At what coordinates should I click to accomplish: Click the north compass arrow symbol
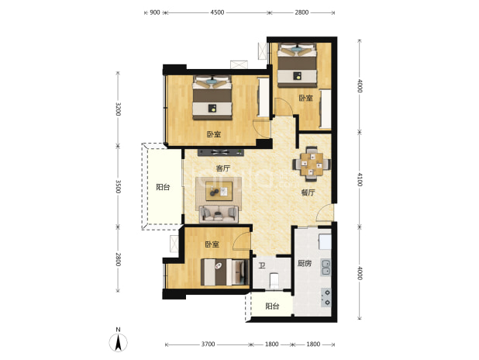click(119, 342)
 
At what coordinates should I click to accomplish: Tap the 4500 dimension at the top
click(217, 12)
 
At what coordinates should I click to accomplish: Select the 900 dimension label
click(155, 12)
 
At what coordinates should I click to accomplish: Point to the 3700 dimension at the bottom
click(208, 344)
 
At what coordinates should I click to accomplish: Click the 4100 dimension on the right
click(360, 179)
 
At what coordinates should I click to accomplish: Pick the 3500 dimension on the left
click(119, 186)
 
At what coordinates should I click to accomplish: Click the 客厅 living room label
click(223, 168)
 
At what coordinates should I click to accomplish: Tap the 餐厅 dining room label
click(308, 192)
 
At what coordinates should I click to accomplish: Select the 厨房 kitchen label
click(305, 263)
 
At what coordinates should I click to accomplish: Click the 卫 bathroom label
click(261, 265)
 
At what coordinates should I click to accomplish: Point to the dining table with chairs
click(312, 164)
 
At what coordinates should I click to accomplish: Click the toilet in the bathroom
click(274, 280)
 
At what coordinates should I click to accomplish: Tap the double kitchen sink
click(326, 268)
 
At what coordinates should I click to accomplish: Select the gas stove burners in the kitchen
click(326, 298)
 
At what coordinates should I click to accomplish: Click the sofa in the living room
click(219, 213)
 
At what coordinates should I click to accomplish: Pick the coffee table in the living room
click(219, 191)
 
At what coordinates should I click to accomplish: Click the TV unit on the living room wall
click(221, 152)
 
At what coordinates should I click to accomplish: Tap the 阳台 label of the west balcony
click(163, 187)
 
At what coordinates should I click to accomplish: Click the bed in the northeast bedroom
click(297, 65)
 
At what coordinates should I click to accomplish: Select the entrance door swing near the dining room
click(325, 213)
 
